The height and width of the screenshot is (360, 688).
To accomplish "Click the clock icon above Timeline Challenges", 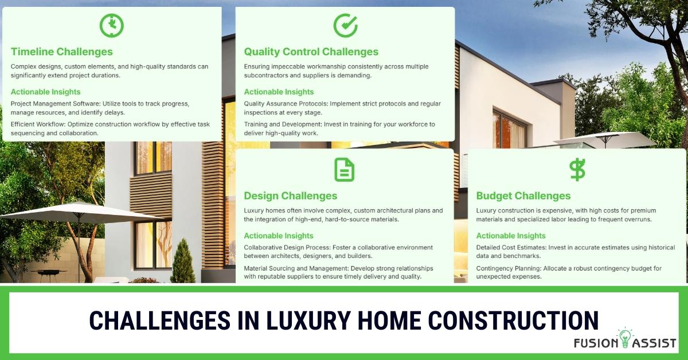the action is click(x=111, y=25).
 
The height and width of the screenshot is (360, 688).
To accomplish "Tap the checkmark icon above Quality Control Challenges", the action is click(x=345, y=25).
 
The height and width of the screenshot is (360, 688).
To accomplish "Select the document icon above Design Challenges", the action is click(x=344, y=170).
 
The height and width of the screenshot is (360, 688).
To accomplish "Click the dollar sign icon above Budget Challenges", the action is click(x=577, y=170).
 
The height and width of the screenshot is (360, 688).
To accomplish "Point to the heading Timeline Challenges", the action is click(x=62, y=52).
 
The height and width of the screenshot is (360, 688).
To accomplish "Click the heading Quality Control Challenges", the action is click(x=311, y=52).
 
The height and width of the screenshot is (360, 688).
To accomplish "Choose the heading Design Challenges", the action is click(x=291, y=195).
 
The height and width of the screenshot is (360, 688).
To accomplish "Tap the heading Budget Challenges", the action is click(x=523, y=195).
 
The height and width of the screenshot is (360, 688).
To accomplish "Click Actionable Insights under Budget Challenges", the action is click(x=511, y=236).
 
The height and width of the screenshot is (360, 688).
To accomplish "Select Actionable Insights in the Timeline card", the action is click(x=45, y=92).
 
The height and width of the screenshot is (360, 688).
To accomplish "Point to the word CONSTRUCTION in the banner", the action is click(x=513, y=320).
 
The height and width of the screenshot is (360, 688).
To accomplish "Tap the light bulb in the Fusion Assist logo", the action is click(x=625, y=338).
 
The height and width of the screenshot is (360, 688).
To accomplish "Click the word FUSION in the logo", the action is click(x=596, y=343).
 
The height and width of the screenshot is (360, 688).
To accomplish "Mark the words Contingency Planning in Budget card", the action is click(x=509, y=268).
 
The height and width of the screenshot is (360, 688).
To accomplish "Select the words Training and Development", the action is click(x=282, y=124).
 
